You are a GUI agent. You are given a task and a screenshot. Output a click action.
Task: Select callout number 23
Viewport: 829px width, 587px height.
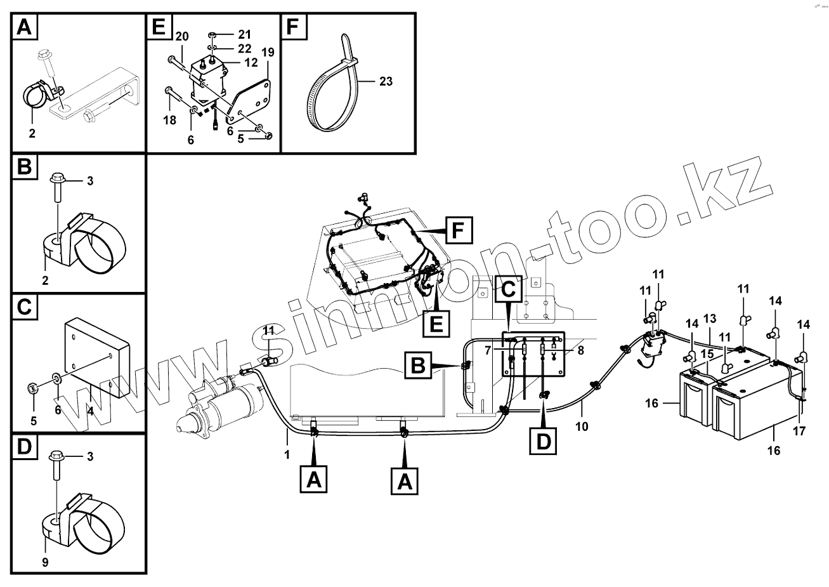point(386,81)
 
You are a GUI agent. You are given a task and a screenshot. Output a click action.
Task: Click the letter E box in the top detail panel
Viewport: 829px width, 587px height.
point(159,27)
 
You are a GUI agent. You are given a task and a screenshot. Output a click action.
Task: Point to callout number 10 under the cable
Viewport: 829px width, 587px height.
point(582,426)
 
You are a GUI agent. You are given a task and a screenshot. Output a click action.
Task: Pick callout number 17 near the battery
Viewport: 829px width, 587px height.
point(799,431)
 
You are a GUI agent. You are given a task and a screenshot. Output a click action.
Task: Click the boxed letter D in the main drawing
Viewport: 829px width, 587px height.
point(544,440)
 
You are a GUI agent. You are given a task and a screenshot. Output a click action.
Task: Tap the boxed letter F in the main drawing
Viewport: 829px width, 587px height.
point(459,230)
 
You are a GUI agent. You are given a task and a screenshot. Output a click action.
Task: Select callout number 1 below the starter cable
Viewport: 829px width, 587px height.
point(287,454)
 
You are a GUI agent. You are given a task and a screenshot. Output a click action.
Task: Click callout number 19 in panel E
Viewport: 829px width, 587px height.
point(268,52)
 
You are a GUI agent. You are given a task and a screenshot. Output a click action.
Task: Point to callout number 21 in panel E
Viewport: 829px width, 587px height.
point(245,34)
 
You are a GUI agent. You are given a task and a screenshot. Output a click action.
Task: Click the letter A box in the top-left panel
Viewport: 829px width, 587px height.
point(23,27)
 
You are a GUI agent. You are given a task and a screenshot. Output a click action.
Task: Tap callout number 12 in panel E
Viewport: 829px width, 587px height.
point(251,62)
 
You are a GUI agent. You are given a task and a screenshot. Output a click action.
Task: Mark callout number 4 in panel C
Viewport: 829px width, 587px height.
point(91,411)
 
